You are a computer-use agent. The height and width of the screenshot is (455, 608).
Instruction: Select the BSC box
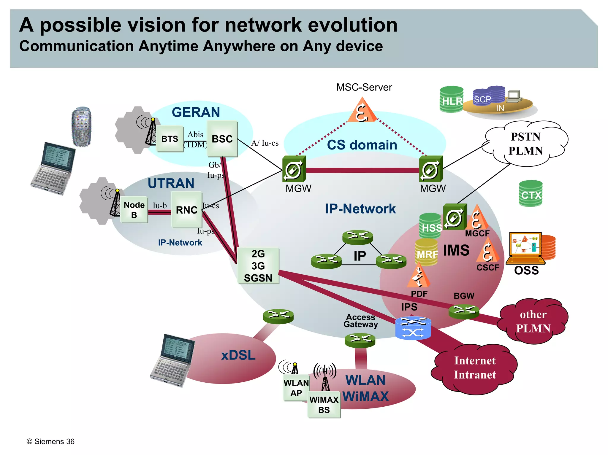click(222, 139)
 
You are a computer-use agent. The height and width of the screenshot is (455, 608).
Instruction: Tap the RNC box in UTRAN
click(186, 210)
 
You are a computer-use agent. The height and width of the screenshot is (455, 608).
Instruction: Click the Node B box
click(134, 210)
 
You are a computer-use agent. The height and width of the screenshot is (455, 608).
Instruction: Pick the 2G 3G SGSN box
click(258, 266)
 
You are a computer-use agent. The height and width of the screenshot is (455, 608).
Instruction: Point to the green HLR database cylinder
click(451, 100)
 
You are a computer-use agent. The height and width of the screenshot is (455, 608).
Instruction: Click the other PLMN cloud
click(533, 321)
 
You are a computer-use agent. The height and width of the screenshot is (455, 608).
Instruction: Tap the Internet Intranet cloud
click(475, 368)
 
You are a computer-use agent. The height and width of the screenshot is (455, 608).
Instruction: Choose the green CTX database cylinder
click(531, 194)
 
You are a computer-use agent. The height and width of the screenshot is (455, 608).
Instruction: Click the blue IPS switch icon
click(413, 328)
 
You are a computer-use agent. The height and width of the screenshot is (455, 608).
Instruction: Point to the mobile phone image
click(81, 127)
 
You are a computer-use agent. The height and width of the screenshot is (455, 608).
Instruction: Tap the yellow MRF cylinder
click(426, 252)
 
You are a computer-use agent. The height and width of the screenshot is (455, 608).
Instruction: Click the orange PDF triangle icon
click(419, 276)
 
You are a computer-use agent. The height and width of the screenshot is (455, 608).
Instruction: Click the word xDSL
click(238, 355)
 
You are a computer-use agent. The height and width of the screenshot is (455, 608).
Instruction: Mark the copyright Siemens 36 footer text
click(50, 441)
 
